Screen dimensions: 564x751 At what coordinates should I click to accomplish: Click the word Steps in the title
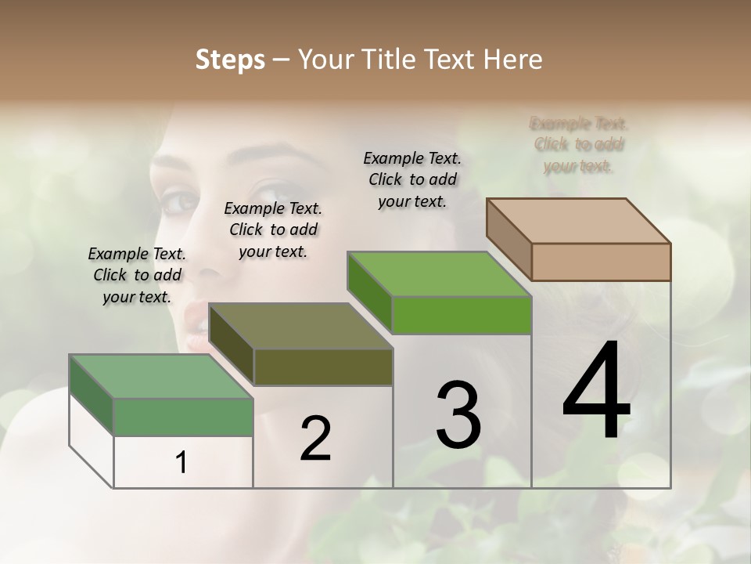pos(230,60)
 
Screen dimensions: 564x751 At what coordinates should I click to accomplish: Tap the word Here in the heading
pos(513,60)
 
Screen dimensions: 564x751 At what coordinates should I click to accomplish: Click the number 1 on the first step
pos(181,463)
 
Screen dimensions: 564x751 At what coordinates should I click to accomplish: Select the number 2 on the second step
pos(315,439)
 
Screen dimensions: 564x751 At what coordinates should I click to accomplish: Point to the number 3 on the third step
pos(458,415)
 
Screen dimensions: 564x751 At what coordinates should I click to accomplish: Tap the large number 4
pos(596,392)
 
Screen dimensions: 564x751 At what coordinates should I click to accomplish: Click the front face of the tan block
pos(601,262)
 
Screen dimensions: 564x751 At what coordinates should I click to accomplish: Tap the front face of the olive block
pos(323,367)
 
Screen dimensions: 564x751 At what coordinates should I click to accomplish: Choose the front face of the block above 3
pos(462,315)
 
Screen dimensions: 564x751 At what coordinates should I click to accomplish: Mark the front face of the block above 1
pos(183,417)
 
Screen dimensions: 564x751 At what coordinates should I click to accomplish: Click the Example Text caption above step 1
pos(137,275)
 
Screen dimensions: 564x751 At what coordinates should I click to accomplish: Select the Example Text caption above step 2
pos(273,230)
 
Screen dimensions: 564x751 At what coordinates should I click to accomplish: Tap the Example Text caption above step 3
pos(412,179)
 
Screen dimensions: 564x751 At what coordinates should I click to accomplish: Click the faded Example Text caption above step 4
pos(579,144)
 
